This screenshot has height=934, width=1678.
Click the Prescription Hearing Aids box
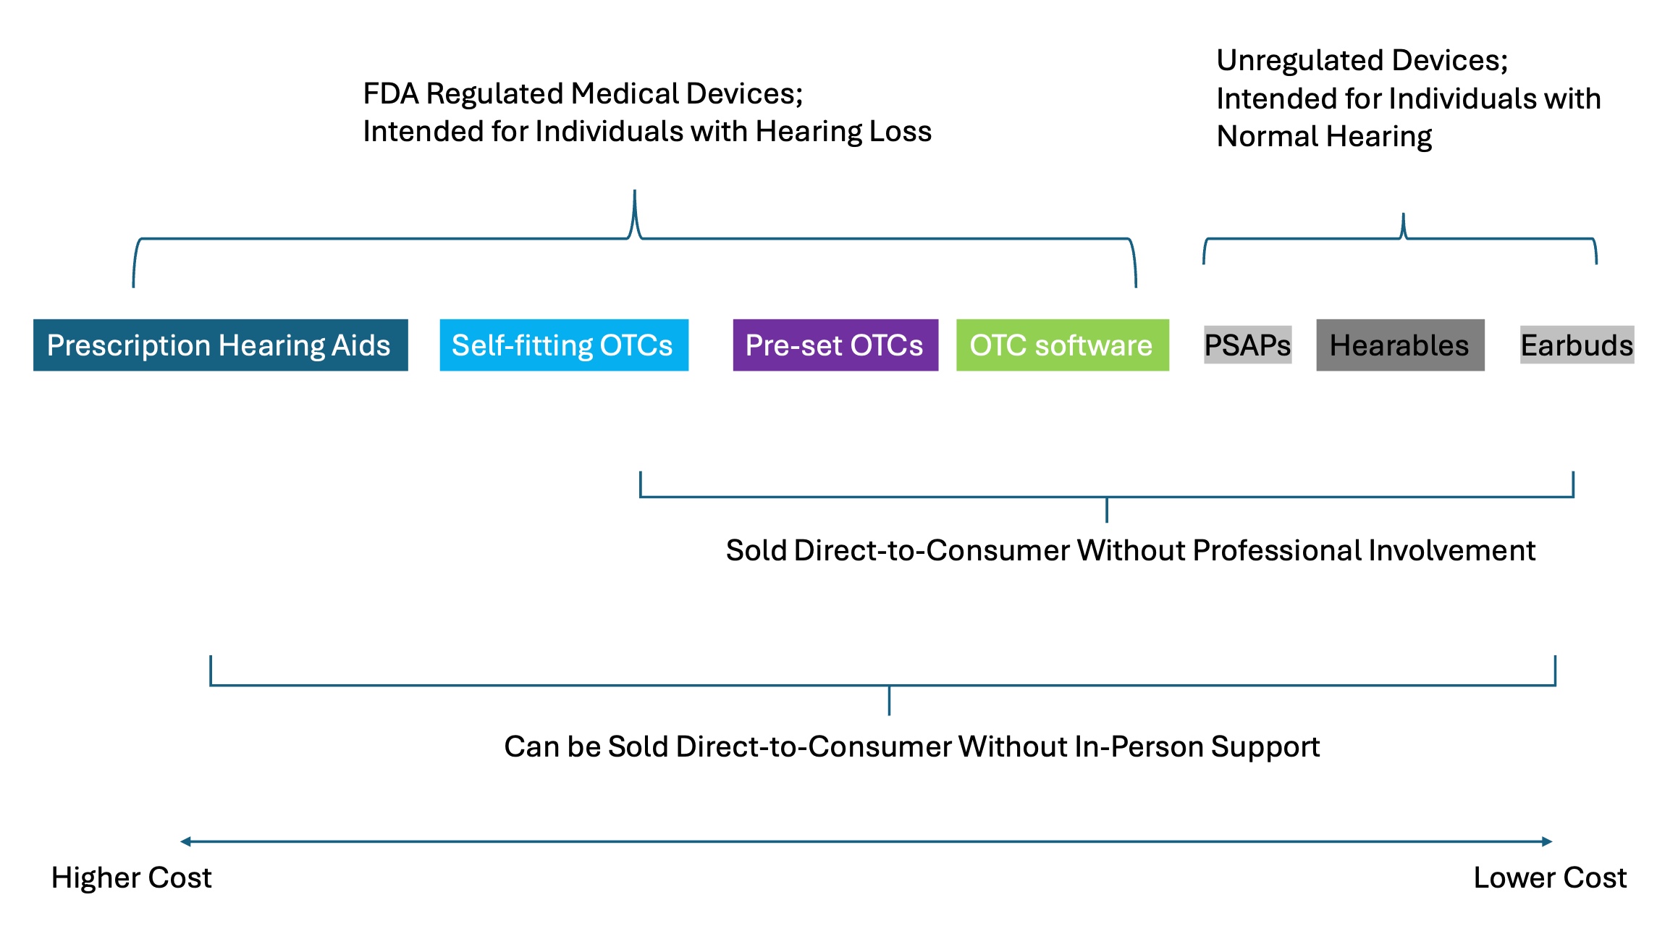tap(220, 345)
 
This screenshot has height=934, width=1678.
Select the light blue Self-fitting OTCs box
tap(563, 345)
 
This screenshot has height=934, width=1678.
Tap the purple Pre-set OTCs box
tap(835, 345)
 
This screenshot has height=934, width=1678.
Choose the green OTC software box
tap(1062, 345)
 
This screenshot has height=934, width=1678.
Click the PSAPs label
tap(1247, 345)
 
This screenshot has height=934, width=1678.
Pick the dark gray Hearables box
tap(1399, 345)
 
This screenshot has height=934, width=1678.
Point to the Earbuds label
tap(1577, 345)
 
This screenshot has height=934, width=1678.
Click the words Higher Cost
tap(131, 878)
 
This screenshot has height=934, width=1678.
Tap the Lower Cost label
tap(1550, 878)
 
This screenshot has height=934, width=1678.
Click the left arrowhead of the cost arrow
tap(185, 841)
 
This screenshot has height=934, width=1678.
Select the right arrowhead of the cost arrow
tap(1548, 841)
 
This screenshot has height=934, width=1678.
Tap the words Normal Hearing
tap(1324, 136)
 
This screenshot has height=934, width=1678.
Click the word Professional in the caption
tap(1277, 551)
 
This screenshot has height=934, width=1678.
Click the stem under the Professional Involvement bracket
tap(1106, 510)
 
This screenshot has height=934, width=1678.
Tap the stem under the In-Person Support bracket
tap(889, 701)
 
